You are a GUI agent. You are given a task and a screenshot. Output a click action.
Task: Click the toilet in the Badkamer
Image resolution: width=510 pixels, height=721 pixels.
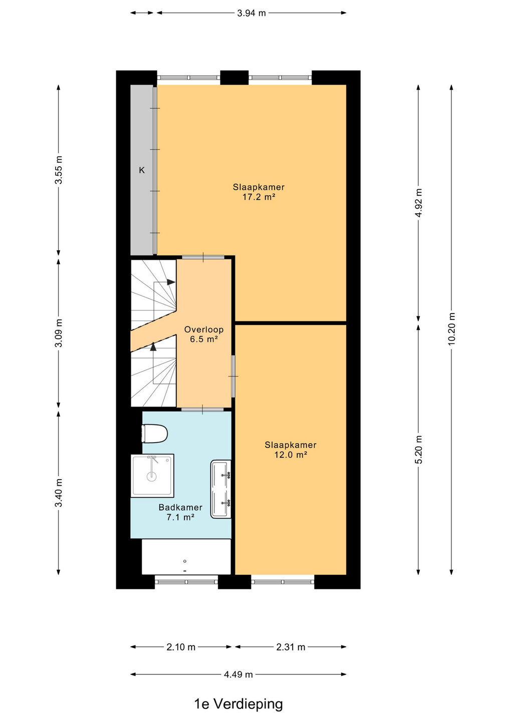(x=154, y=433)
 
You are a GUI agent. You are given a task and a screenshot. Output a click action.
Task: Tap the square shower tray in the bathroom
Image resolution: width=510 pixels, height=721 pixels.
(x=152, y=476)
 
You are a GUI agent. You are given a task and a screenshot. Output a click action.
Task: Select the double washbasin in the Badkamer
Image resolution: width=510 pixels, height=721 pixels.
(x=221, y=489)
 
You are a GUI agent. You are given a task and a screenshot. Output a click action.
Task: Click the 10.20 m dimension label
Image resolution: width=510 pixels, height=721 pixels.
(x=451, y=328)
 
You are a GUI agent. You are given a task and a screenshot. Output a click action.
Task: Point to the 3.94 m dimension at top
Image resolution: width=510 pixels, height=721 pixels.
(x=251, y=13)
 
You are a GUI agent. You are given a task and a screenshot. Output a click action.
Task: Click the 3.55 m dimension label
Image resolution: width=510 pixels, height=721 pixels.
(x=59, y=170)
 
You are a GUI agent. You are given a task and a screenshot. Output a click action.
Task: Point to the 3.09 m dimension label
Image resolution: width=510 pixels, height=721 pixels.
(x=59, y=333)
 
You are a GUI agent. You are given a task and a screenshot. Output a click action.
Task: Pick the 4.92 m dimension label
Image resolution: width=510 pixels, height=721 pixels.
(x=418, y=203)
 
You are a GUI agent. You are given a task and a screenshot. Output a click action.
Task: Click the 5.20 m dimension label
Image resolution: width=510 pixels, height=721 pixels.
(x=418, y=449)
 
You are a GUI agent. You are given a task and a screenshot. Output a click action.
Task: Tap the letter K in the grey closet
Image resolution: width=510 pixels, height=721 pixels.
(x=142, y=170)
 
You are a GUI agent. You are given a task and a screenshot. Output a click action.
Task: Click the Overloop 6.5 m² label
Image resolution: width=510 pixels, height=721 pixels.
(x=204, y=334)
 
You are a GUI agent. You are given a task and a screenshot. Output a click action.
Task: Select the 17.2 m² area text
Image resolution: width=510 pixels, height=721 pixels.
(x=259, y=197)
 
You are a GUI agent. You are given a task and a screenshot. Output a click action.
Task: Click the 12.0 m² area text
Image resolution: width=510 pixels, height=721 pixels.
(x=291, y=455)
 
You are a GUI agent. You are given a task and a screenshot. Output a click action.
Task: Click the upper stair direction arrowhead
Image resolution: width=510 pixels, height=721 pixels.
(x=171, y=282)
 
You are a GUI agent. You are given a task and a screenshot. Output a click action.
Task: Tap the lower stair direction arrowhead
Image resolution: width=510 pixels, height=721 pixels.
(x=153, y=346)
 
